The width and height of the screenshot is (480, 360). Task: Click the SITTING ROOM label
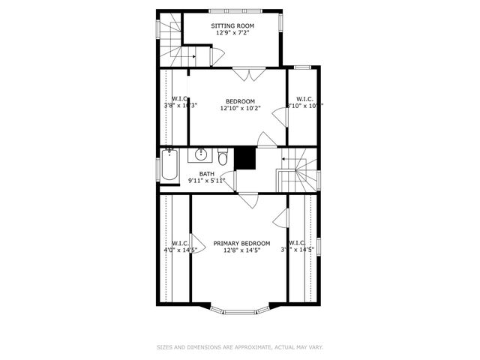coord(232,25)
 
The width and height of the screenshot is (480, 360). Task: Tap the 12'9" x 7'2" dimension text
coord(232,33)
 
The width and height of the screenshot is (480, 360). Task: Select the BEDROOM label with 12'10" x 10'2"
coord(240,101)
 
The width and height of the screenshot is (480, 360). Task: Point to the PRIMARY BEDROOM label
coord(241,243)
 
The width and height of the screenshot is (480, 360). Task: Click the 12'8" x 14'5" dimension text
coord(241,250)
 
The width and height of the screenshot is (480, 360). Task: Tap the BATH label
coord(206,174)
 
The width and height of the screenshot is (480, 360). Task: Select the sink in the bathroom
coord(201,155)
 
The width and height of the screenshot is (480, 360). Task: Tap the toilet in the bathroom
coord(223,157)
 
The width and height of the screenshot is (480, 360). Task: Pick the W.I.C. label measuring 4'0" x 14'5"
coord(180,247)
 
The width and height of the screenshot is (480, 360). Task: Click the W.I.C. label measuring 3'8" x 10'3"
coord(180,102)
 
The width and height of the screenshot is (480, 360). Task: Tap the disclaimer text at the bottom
coord(239,347)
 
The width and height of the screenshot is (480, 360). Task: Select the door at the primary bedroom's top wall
coord(248,199)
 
